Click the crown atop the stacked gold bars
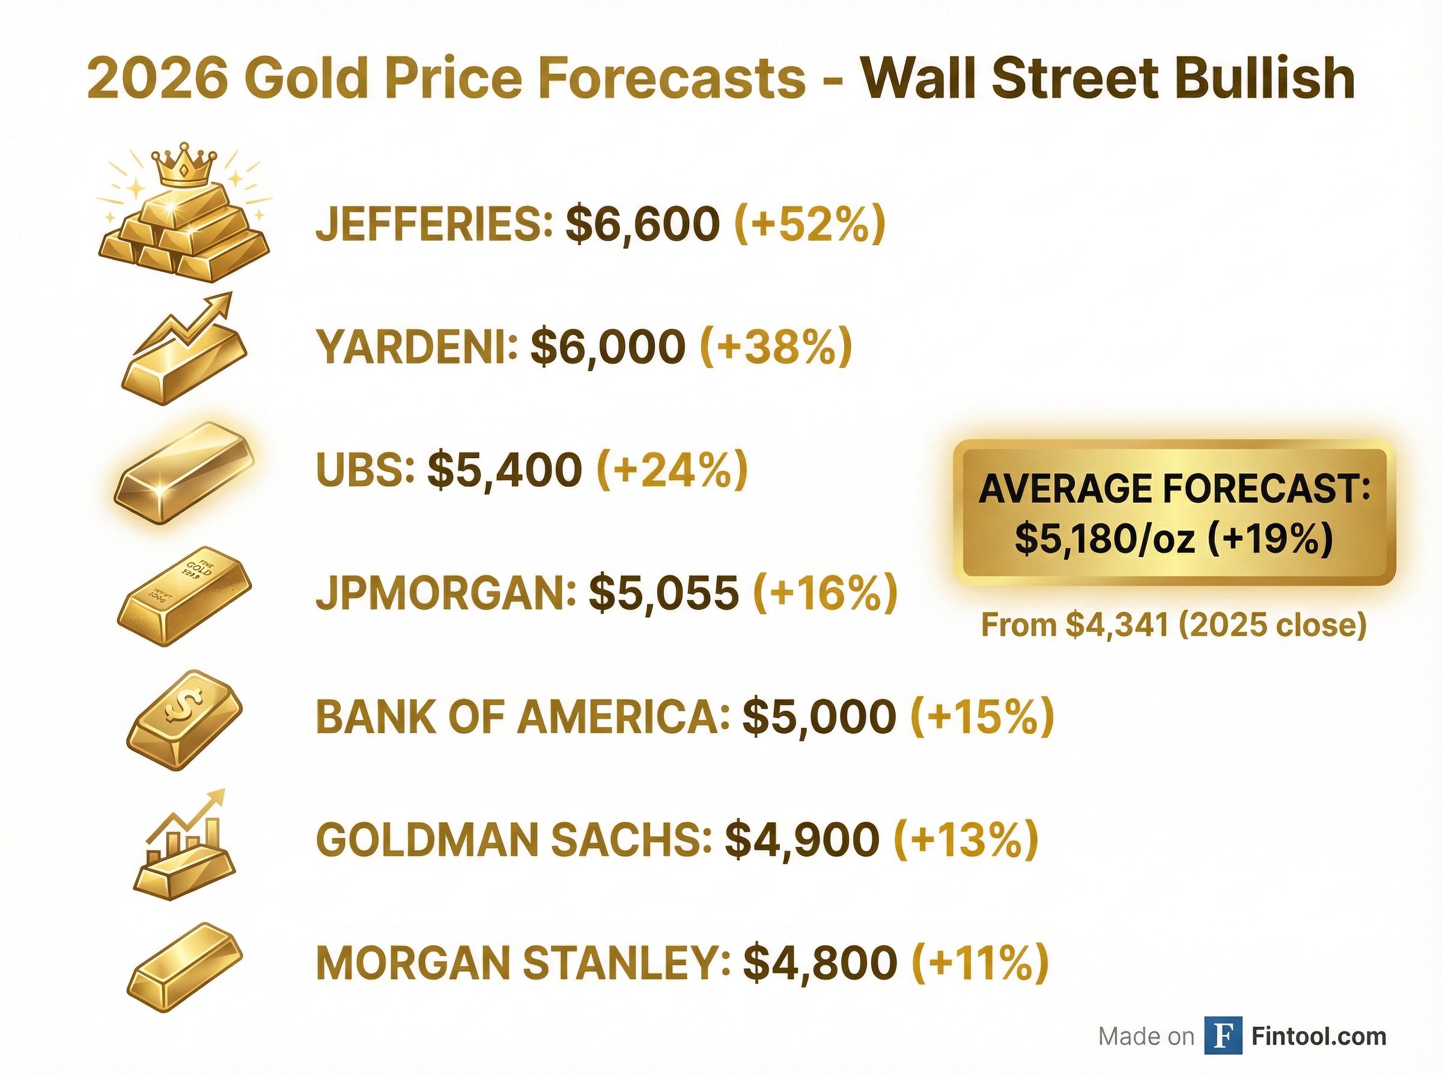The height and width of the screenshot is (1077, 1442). click(x=184, y=163)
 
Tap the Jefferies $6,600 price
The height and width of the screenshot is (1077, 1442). click(x=642, y=224)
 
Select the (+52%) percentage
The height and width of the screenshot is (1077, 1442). click(x=810, y=224)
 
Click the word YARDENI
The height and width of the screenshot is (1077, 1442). click(x=417, y=347)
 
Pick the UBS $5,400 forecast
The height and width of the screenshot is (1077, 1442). click(x=504, y=469)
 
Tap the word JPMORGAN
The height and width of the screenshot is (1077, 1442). click(x=446, y=593)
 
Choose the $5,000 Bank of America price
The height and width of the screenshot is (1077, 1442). click(x=819, y=716)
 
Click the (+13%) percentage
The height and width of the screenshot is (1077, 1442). click(x=966, y=839)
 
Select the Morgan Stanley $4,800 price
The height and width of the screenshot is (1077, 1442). click(x=820, y=962)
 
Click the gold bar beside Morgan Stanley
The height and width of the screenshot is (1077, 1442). click(x=184, y=966)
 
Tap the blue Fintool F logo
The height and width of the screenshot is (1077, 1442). click(x=1223, y=1036)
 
